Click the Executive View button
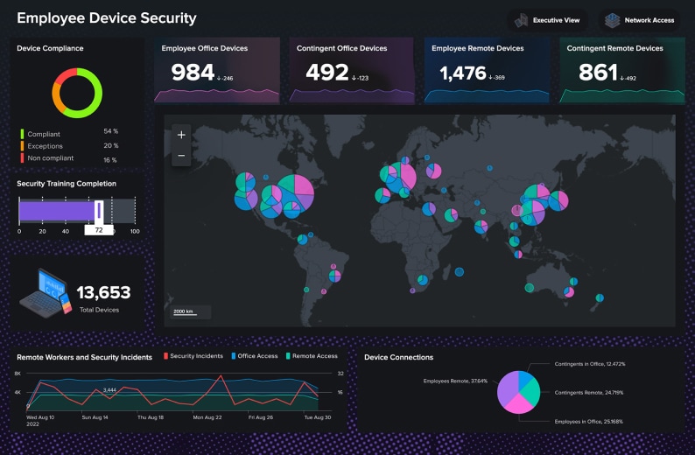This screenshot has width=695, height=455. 547,20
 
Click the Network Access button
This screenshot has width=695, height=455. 640,20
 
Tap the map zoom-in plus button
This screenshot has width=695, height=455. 181,135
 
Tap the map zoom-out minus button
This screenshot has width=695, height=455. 181,156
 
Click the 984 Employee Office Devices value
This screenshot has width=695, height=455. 193,73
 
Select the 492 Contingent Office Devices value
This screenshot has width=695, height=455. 327,73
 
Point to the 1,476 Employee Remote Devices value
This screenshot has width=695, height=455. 463,73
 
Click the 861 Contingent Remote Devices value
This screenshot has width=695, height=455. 598,73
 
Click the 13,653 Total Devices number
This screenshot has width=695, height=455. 103,293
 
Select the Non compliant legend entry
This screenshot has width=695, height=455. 50,158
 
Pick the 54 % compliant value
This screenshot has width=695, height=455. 110,131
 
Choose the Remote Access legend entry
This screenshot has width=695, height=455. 314,356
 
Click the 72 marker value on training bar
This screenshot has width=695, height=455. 99,230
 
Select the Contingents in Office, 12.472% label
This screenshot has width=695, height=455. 589,363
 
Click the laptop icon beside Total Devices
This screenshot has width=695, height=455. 43,292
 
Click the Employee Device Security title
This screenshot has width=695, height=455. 107,18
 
